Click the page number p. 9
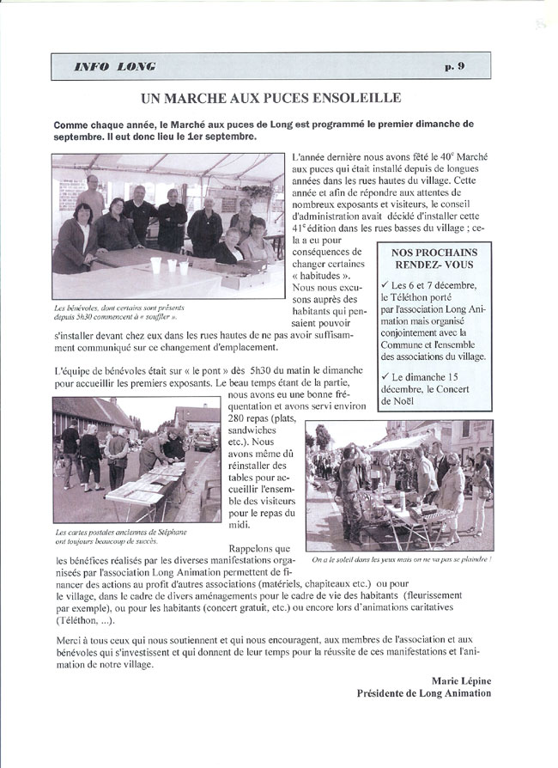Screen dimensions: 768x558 tap(478, 66)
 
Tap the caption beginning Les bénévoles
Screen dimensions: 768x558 tap(118, 311)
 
